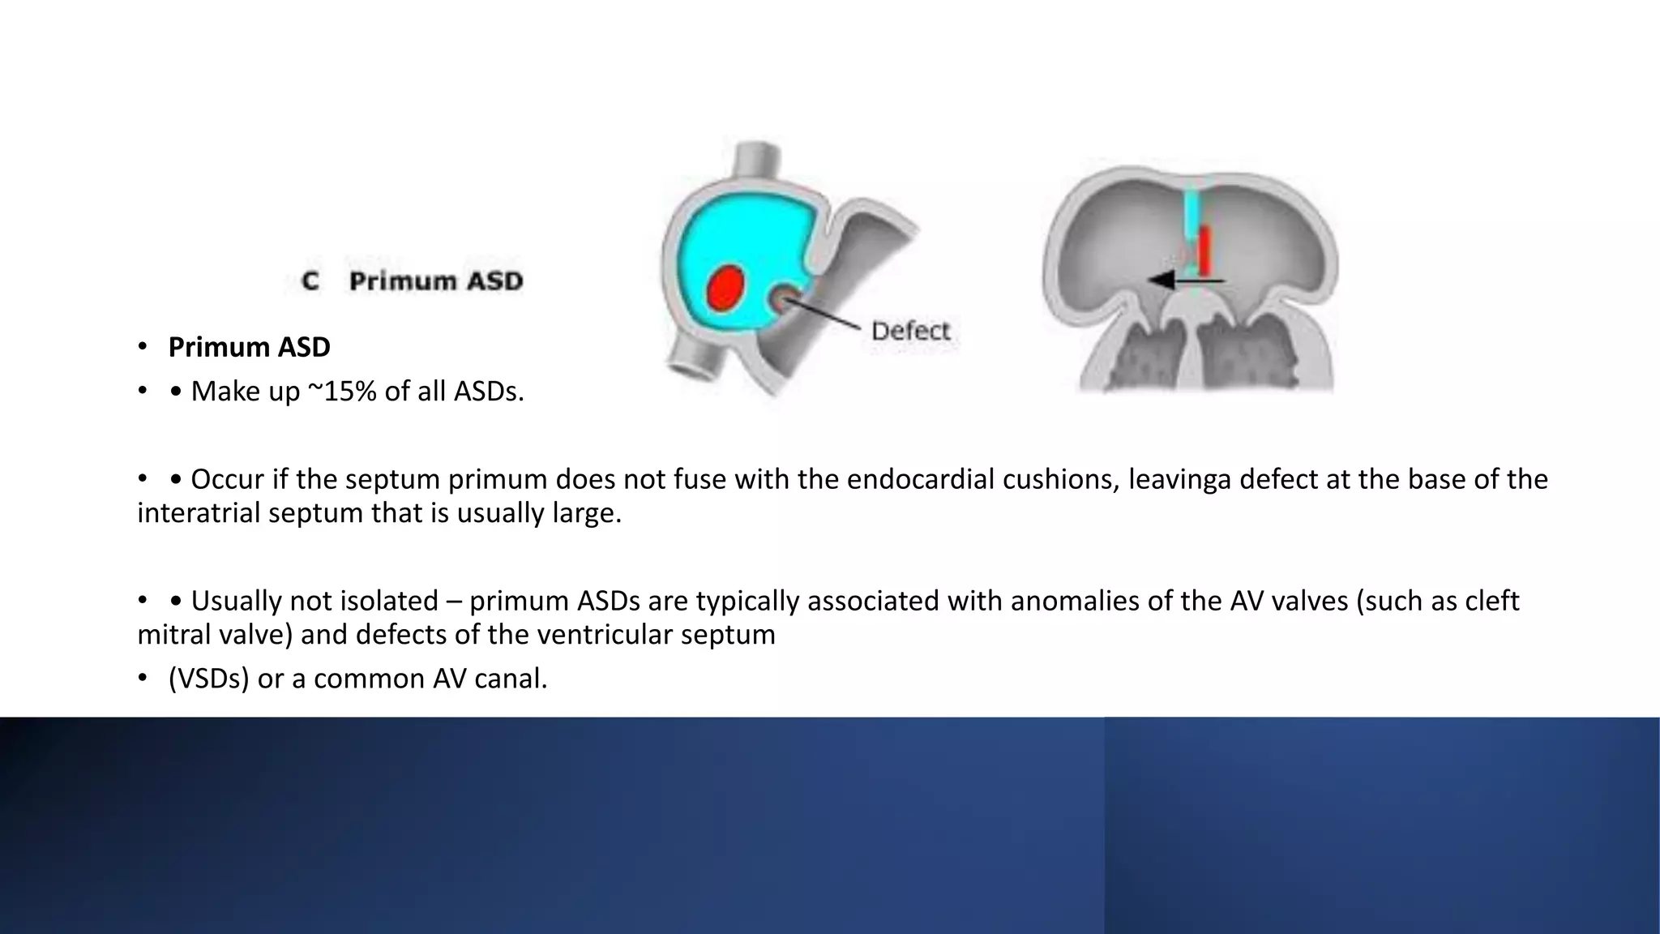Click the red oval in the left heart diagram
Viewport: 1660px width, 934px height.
point(726,287)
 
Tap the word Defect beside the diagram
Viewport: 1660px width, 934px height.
point(910,331)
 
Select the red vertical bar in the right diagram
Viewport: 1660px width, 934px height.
point(1204,250)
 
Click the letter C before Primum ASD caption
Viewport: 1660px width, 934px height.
point(310,281)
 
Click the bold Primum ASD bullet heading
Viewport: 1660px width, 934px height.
point(249,347)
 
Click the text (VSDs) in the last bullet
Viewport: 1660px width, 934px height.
point(208,679)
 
